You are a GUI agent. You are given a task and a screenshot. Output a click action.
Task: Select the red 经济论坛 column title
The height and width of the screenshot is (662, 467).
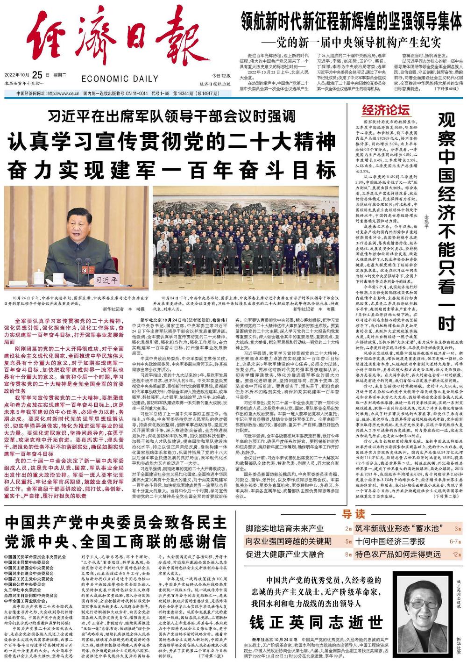pos(385,111)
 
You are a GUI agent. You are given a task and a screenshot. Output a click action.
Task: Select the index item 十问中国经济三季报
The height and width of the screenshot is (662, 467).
pos(389,541)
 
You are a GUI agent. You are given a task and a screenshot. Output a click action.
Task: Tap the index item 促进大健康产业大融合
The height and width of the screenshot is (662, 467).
pos(285,554)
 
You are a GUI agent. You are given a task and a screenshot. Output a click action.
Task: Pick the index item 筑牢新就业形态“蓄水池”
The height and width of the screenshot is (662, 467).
pos(398,529)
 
